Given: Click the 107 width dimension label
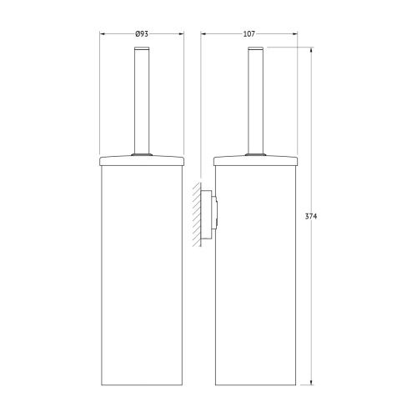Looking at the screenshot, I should (x=249, y=33).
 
